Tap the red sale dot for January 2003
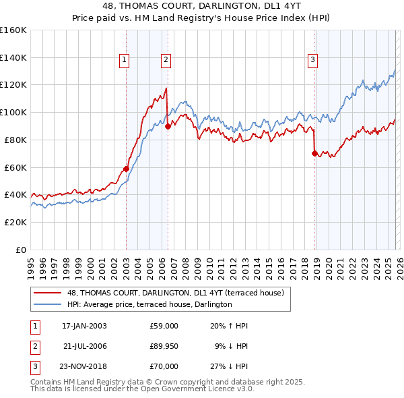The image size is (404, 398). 126,169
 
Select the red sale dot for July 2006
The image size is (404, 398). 168,126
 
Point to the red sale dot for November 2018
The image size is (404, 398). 314,153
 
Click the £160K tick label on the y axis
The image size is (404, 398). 13,30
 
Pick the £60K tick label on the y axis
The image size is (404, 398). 15,167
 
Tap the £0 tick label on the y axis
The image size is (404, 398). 20,250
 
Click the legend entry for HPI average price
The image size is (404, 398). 149,305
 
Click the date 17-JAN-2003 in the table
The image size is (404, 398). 84,326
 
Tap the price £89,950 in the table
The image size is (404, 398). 164,346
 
